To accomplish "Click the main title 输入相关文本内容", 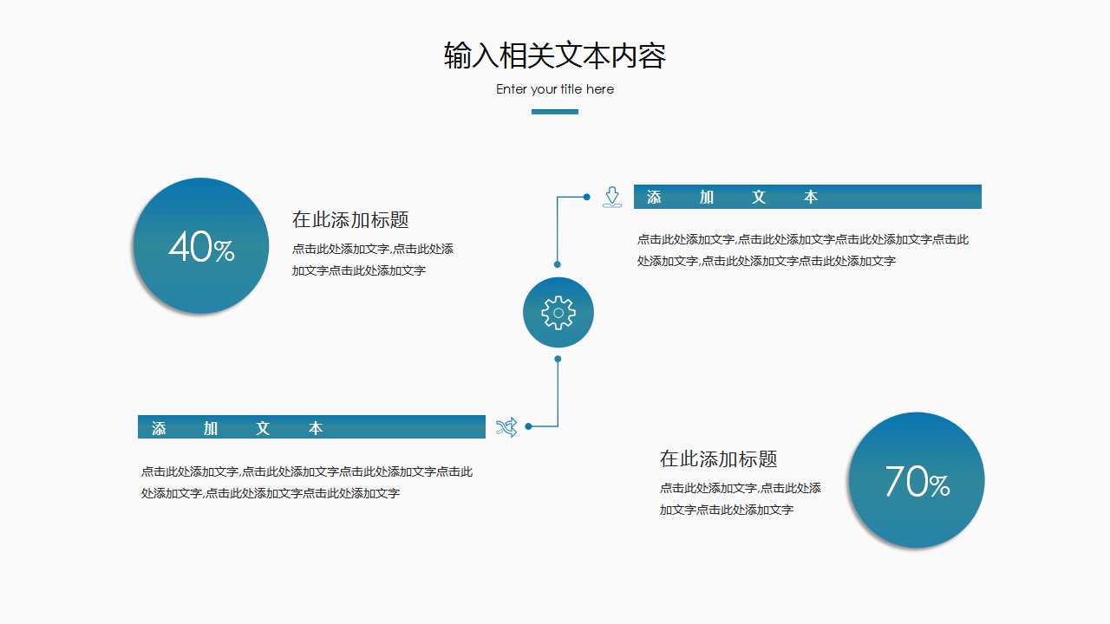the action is pos(555,55).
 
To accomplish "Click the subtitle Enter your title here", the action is pos(555,89).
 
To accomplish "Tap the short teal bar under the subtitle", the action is pos(555,112).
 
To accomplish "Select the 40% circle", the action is pos(201,246).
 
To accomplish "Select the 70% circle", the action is pos(916,480).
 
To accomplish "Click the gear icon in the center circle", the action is pos(558,313).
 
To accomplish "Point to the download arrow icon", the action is pos(612,197).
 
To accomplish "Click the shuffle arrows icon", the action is pos(506,426).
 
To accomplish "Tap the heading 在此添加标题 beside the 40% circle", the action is pos(350,220).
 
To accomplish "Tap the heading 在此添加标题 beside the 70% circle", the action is pos(718,458).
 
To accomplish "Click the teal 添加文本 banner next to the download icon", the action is pos(807,197).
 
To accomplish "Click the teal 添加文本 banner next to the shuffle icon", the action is pos(311,427).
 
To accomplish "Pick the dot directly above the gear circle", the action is pos(558,264).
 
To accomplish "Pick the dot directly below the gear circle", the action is pos(558,359).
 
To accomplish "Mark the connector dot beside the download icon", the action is pos(587,197).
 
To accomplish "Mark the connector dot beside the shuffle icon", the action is pos(528,426).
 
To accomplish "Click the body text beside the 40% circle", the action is pos(372,260).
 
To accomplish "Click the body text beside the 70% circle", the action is pos(740,499).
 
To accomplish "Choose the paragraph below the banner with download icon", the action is pos(803,250).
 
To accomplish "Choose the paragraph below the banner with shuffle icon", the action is pos(307,483).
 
